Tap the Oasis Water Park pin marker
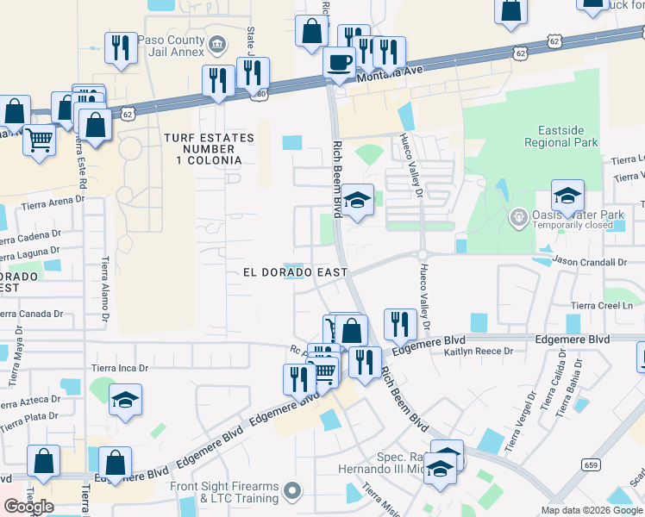[518, 215]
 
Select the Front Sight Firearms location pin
[292, 491]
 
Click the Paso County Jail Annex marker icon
[216, 42]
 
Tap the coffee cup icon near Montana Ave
[339, 62]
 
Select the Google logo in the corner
[28, 507]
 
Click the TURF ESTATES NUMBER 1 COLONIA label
[210, 149]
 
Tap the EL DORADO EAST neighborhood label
[294, 272]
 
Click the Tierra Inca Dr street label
[120, 368]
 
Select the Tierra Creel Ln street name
[608, 305]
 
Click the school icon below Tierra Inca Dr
[126, 400]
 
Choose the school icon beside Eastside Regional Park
[567, 196]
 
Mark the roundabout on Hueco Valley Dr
[423, 253]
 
